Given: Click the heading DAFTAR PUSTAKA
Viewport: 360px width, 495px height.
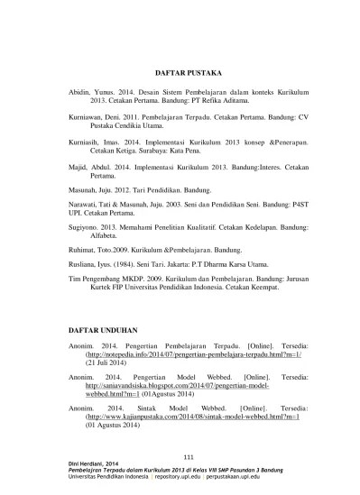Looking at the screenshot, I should (x=182, y=70).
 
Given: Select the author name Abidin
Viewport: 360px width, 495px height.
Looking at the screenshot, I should (x=81, y=93).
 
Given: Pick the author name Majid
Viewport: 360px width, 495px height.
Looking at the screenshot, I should (x=78, y=168).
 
